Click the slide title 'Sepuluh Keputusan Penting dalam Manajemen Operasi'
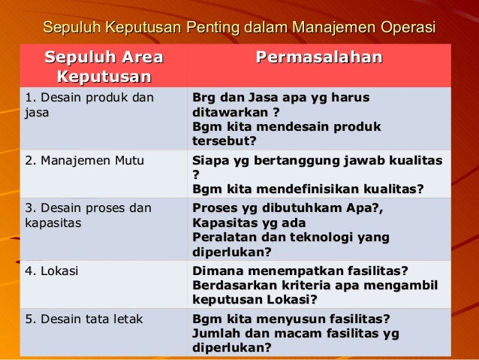239,28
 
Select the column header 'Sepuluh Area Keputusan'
104,67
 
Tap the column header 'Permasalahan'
319,59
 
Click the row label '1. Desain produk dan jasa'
89,105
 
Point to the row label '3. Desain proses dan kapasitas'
88,215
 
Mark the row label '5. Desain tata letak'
84,319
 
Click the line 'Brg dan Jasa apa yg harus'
281,98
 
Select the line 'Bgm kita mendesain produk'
287,126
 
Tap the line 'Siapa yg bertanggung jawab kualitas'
317,161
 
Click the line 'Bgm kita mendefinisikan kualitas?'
308,189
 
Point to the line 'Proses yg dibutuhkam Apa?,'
288,209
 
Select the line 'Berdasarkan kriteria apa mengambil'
315,286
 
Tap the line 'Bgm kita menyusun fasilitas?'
291,319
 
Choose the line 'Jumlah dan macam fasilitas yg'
296,333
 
